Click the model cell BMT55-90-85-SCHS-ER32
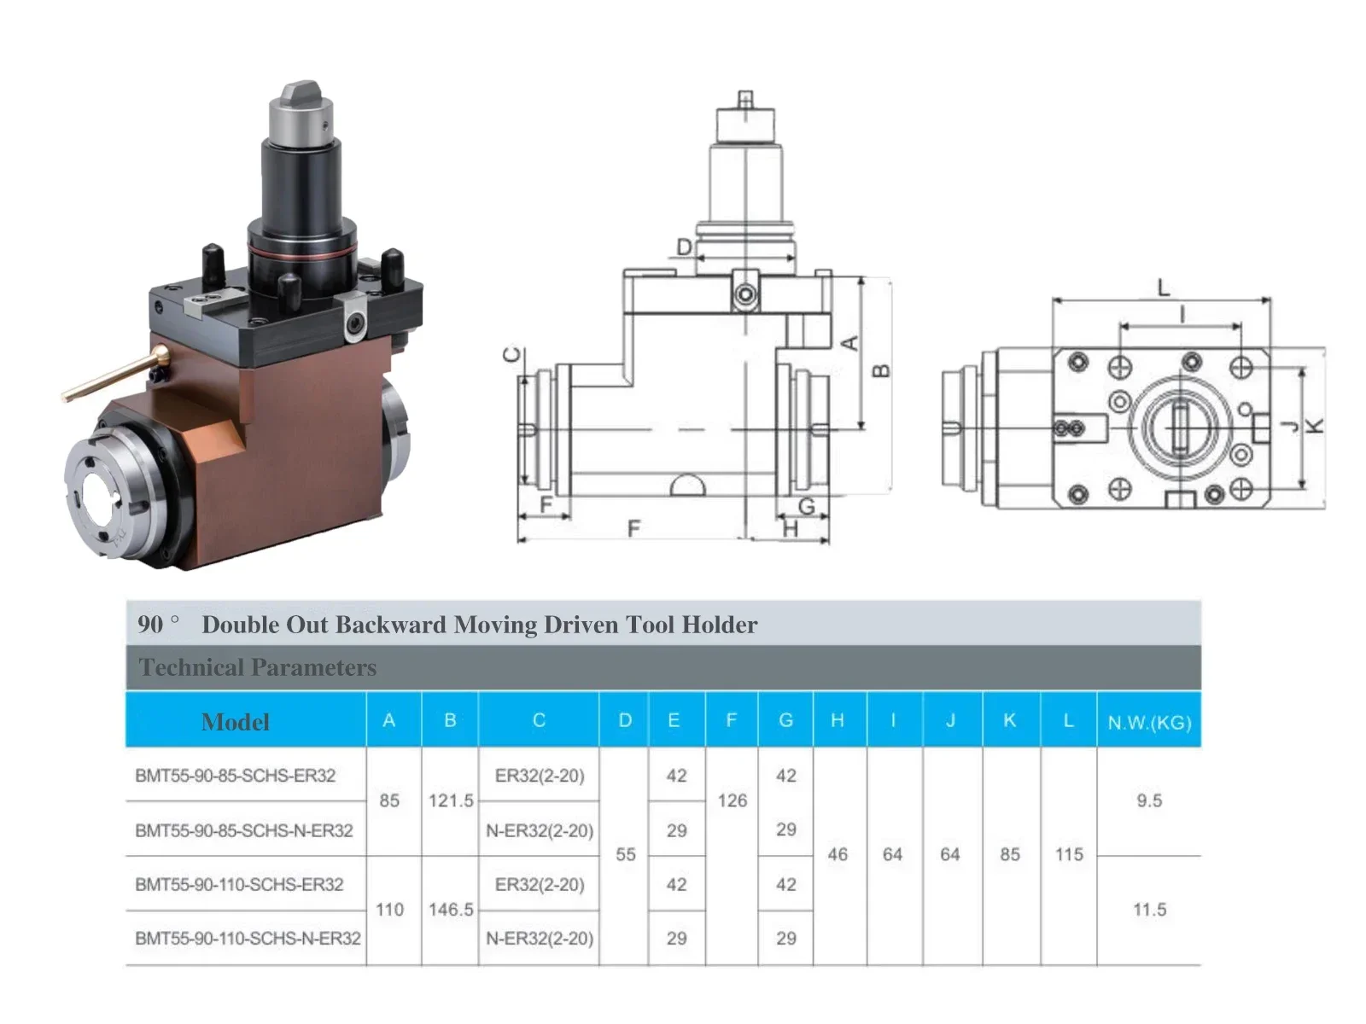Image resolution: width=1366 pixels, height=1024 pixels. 235,776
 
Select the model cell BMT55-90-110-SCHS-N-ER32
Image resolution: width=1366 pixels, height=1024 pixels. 248,938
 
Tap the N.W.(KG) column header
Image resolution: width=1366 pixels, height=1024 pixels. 1149,723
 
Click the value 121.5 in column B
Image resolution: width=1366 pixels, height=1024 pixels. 451,800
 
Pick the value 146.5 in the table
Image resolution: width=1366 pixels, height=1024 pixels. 451,910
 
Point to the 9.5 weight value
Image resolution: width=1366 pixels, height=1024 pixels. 1149,800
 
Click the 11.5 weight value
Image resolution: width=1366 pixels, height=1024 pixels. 1149,910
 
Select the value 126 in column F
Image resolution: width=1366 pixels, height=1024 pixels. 732,800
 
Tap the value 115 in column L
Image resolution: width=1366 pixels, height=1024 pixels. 1069,854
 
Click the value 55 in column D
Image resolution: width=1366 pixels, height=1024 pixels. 625,854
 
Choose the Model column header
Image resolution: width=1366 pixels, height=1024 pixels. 236,722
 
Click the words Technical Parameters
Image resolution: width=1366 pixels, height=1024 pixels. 258,667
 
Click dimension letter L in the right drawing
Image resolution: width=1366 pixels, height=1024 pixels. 1163,288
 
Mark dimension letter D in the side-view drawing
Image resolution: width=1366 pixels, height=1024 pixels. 684,247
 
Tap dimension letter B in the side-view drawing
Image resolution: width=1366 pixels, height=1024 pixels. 882,370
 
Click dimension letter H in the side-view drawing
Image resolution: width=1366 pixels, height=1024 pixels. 791,530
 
